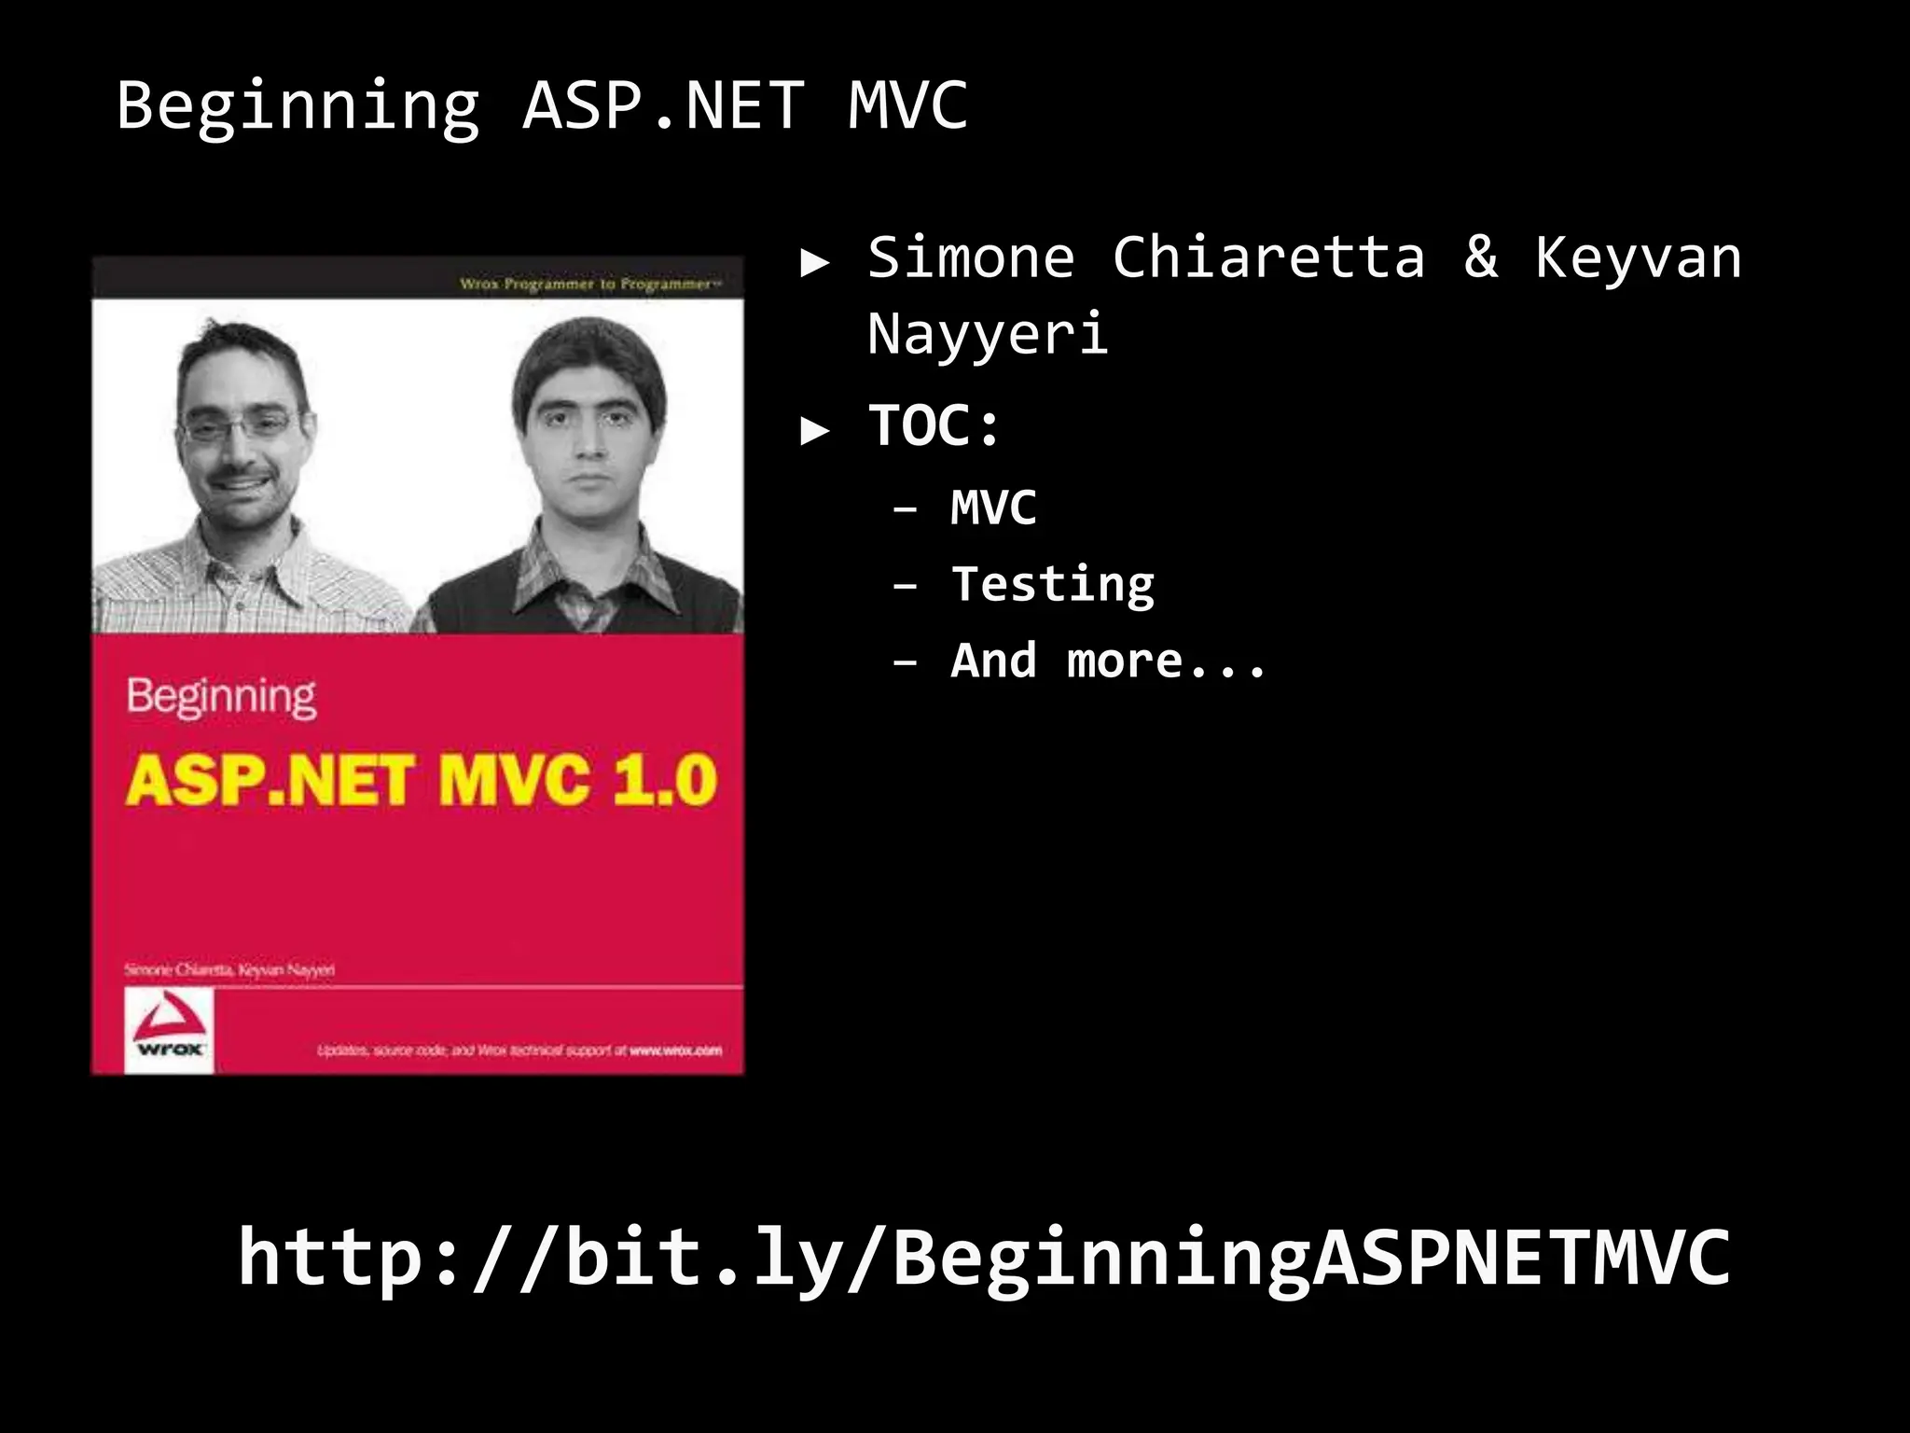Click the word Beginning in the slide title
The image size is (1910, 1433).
tap(298, 106)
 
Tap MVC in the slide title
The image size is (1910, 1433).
tap(907, 104)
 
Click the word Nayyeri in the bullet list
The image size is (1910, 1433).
tap(988, 334)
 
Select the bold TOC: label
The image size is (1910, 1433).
tap(934, 426)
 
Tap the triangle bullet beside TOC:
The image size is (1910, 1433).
tap(815, 430)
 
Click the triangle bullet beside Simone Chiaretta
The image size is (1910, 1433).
tap(815, 263)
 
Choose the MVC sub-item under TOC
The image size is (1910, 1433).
tap(993, 508)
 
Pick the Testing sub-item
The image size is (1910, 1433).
tap(1053, 585)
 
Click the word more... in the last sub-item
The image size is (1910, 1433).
tap(1166, 661)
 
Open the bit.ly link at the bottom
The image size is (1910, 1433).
tap(984, 1258)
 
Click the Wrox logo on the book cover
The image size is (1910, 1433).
tap(169, 1030)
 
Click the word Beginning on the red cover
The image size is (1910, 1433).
tap(221, 697)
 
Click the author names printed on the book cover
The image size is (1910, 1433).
tap(229, 970)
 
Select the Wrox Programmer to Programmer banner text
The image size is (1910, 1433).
tap(590, 284)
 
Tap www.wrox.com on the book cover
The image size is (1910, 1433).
tap(675, 1050)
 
